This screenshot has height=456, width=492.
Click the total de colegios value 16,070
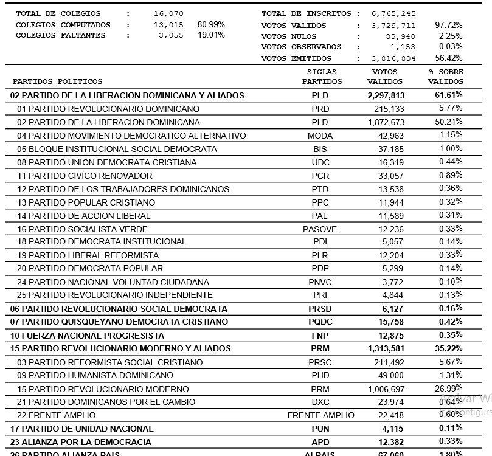(x=169, y=13)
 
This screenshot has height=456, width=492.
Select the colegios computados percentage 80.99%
(x=211, y=24)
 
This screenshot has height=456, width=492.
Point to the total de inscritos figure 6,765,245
(x=393, y=13)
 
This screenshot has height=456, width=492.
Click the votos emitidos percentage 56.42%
(x=449, y=58)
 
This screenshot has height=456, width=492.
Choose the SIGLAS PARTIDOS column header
(x=322, y=77)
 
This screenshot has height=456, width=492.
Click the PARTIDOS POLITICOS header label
(x=58, y=81)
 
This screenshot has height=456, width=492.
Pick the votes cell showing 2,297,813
(x=386, y=95)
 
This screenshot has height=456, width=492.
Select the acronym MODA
(x=320, y=136)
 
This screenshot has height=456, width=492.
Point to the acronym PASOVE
(x=320, y=229)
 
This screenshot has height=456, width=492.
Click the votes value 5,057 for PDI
(x=392, y=242)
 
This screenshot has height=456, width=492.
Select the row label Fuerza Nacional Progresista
(x=87, y=336)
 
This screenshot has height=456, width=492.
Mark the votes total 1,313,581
(x=386, y=349)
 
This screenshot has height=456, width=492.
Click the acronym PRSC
(x=320, y=362)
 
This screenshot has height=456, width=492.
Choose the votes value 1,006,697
(x=386, y=389)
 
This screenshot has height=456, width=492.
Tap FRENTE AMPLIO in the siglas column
(x=320, y=416)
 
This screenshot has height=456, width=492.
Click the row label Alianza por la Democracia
(x=81, y=442)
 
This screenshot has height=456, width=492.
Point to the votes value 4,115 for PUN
(x=392, y=429)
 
